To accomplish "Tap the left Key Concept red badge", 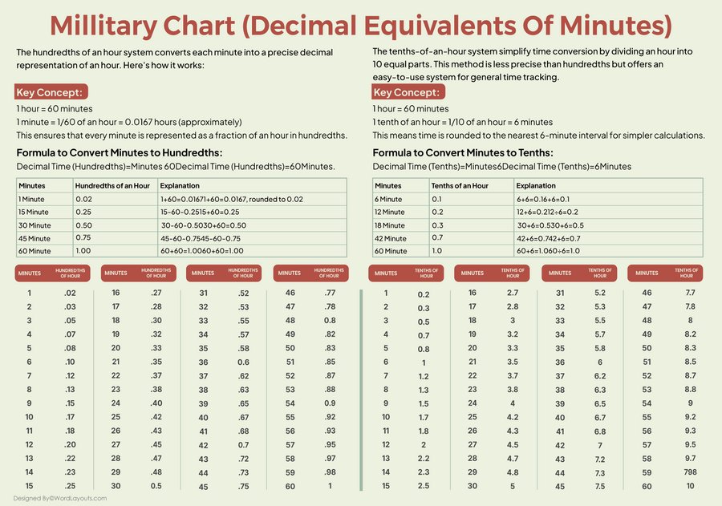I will point(49,92).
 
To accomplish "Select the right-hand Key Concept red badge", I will point(407,92).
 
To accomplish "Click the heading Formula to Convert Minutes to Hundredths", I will point(120,152).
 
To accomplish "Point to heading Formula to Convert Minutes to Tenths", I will point(462,152).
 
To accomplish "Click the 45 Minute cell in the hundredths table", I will point(34,237).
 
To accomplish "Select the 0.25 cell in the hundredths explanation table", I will point(83,211).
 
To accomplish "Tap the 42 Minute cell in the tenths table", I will point(389,237).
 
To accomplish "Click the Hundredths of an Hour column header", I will point(112,185).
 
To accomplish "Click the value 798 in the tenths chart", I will point(690,472).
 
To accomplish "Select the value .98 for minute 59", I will point(330,472).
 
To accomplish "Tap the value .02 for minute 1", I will point(70,293).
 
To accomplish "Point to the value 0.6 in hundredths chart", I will point(243,362).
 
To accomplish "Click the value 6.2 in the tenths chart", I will point(599,375).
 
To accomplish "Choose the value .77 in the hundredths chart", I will point(330,293).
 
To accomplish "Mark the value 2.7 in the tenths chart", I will point(513,293).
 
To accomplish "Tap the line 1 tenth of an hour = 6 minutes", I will point(451,122).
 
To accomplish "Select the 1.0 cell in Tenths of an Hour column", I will point(437,250).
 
